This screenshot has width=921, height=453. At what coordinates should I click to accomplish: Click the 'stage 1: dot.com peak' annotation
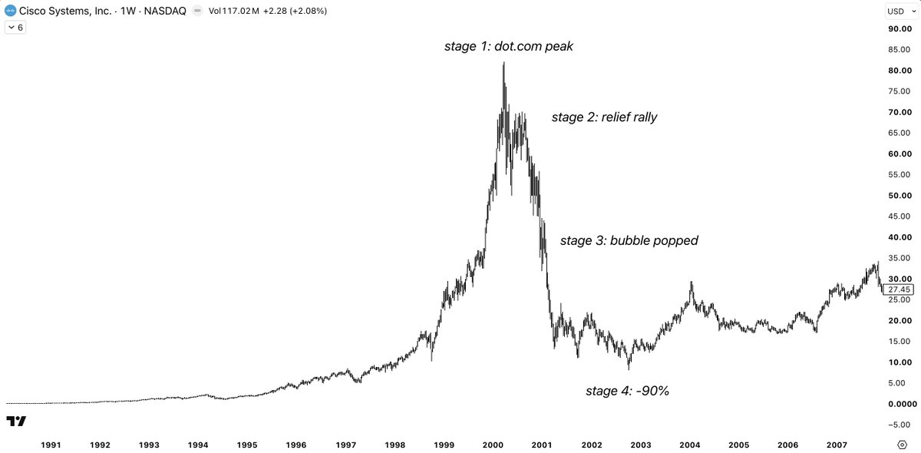click(509, 46)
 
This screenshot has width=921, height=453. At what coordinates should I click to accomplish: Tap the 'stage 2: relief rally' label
click(604, 117)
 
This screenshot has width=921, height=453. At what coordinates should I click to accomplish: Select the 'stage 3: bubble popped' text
click(629, 240)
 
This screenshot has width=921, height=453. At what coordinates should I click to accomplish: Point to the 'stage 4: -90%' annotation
click(628, 391)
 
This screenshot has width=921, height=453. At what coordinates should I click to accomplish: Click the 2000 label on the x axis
click(493, 445)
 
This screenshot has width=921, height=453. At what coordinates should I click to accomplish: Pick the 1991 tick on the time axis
click(51, 445)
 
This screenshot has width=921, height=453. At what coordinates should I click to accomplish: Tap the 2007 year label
click(837, 445)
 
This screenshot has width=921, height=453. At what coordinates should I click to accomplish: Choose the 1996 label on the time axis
click(296, 445)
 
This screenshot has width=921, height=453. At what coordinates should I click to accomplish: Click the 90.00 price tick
click(900, 29)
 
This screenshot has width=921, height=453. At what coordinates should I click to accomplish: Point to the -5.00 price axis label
click(899, 425)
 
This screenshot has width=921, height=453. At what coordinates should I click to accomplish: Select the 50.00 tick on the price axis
click(900, 196)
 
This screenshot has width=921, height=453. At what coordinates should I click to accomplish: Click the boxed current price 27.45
click(899, 289)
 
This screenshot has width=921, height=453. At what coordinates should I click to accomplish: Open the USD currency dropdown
click(901, 11)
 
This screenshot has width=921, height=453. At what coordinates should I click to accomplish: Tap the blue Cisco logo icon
click(10, 11)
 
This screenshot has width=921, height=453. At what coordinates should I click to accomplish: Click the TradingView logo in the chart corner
click(16, 421)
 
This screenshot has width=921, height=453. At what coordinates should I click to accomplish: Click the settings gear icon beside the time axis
click(902, 445)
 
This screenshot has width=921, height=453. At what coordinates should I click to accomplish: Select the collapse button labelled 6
click(15, 28)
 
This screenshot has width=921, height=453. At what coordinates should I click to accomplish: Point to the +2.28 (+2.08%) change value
click(295, 11)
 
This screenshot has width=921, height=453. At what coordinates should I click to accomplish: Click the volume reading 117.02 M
click(240, 11)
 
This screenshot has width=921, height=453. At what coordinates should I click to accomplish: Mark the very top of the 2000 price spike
click(503, 62)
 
